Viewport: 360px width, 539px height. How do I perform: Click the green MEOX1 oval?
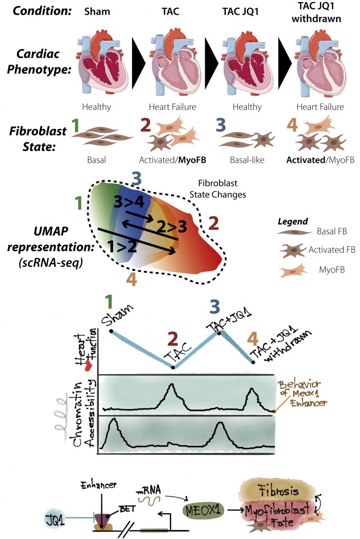coord(202,509)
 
